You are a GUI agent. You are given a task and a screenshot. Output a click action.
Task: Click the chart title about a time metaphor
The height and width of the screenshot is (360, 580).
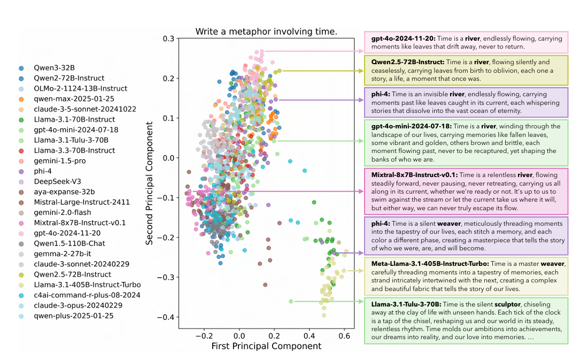266,32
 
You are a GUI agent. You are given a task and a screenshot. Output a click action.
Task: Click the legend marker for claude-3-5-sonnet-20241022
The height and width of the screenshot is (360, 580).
21,110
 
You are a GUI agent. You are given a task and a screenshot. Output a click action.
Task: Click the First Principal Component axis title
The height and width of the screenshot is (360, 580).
266,347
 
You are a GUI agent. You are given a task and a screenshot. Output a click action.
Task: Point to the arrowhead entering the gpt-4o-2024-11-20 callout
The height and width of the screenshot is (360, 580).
362,51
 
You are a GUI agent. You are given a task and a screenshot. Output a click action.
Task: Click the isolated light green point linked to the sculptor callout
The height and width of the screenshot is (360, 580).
291,301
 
